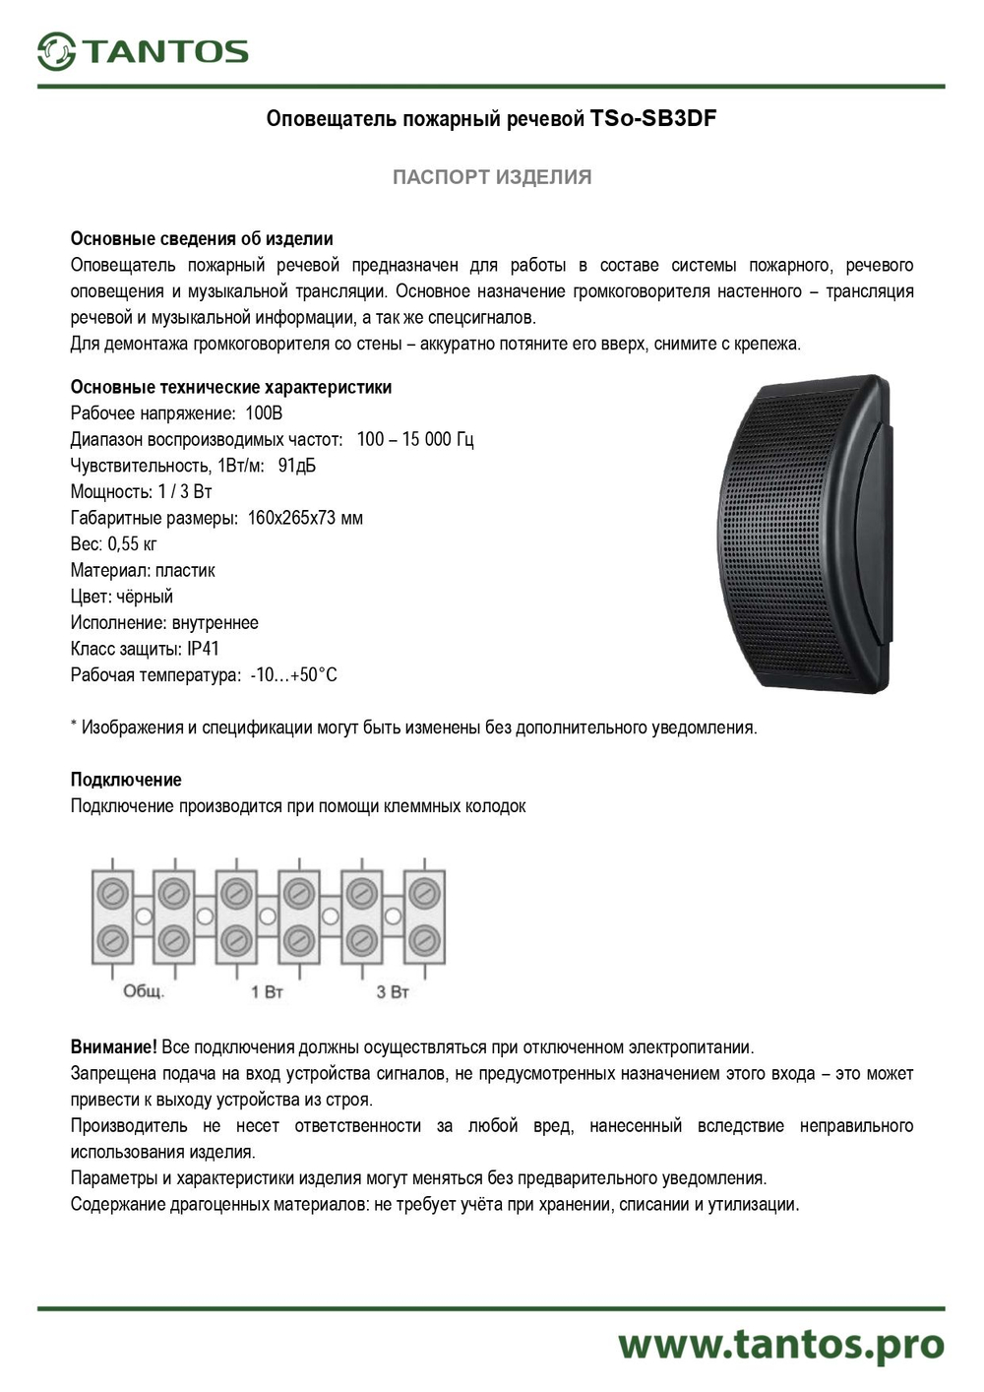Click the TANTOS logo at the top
[143, 51]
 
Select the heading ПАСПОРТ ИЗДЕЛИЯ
[492, 177]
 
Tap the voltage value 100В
[264, 413]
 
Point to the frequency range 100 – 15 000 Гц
[414, 439]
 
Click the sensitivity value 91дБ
[297, 466]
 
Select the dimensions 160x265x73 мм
[305, 518]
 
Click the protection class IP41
[203, 649]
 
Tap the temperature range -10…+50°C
[293, 675]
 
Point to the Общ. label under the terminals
[144, 990]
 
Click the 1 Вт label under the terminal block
[267, 991]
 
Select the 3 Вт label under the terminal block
[392, 991]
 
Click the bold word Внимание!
[113, 1046]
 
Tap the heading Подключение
[126, 780]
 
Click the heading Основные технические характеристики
[231, 387]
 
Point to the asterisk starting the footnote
[74, 726]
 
